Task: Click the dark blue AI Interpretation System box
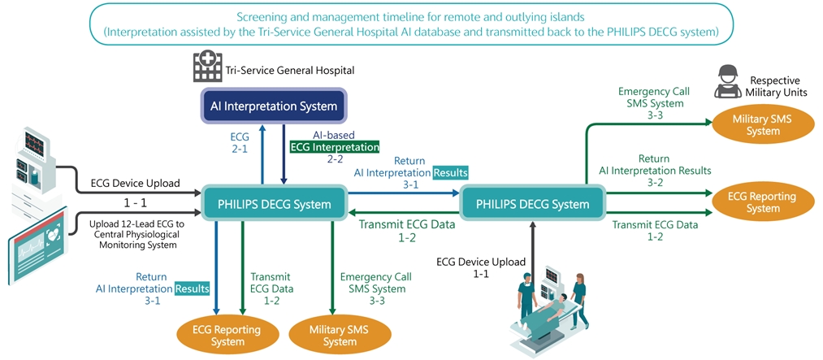click(x=274, y=106)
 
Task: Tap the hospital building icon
click(x=207, y=67)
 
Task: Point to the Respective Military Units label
click(x=774, y=87)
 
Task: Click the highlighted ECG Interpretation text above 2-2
click(x=335, y=147)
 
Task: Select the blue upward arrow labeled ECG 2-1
click(x=262, y=154)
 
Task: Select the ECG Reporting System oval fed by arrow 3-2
click(x=762, y=202)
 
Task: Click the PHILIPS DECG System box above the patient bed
click(x=533, y=204)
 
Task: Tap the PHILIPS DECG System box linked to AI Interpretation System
click(x=275, y=204)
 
